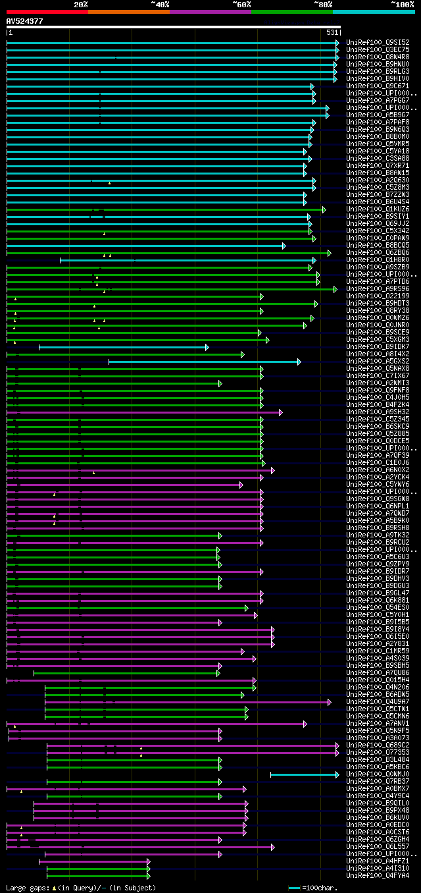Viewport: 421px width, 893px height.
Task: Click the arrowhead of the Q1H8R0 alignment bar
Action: pyautogui.click(x=314, y=260)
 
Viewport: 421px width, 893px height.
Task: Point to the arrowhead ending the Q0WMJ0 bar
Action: pyautogui.click(x=337, y=774)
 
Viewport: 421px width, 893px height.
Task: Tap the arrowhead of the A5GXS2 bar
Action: pyautogui.click(x=299, y=362)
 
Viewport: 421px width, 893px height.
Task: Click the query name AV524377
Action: pyautogui.click(x=24, y=21)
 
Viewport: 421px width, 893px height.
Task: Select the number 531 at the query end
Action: pyautogui.click(x=332, y=32)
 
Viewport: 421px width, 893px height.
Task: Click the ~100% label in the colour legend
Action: pyautogui.click(x=402, y=4)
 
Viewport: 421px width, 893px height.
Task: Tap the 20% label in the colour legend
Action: pyautogui.click(x=80, y=4)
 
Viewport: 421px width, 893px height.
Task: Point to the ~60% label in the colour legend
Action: pyautogui.click(x=241, y=4)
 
